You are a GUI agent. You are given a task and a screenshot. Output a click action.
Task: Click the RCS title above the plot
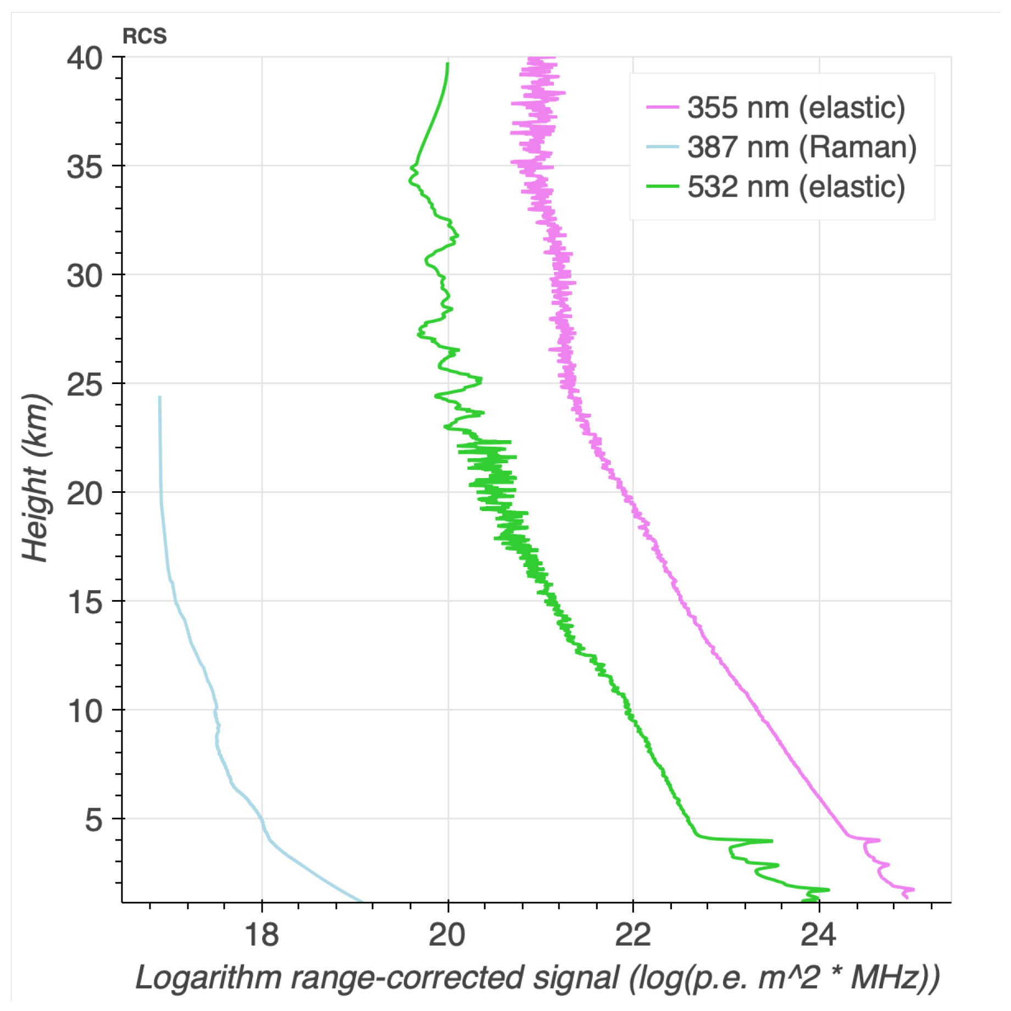click(x=145, y=36)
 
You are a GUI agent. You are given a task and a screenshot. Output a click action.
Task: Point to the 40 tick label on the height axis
click(x=85, y=58)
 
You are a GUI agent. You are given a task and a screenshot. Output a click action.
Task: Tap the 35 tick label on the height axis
click(x=85, y=166)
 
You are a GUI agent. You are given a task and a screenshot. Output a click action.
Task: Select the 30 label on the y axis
click(x=85, y=275)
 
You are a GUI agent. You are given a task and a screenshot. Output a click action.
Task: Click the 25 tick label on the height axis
click(x=85, y=384)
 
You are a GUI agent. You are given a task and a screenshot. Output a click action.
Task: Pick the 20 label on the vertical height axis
click(x=85, y=493)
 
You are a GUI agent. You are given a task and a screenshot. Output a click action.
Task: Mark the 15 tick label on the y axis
click(x=85, y=602)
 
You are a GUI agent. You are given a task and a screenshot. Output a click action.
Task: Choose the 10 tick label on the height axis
click(x=85, y=710)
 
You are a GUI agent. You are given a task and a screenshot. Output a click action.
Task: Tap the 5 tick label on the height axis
click(x=94, y=819)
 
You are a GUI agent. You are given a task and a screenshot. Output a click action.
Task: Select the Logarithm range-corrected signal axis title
click(x=537, y=979)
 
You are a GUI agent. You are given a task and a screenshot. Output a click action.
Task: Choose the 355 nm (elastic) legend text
click(x=796, y=107)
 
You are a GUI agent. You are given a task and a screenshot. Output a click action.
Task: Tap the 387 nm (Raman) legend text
click(x=802, y=147)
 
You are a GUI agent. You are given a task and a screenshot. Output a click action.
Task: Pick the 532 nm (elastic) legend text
click(x=796, y=186)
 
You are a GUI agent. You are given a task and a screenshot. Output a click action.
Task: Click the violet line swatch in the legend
click(x=662, y=107)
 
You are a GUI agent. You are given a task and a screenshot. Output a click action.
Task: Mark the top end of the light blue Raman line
click(x=160, y=397)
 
